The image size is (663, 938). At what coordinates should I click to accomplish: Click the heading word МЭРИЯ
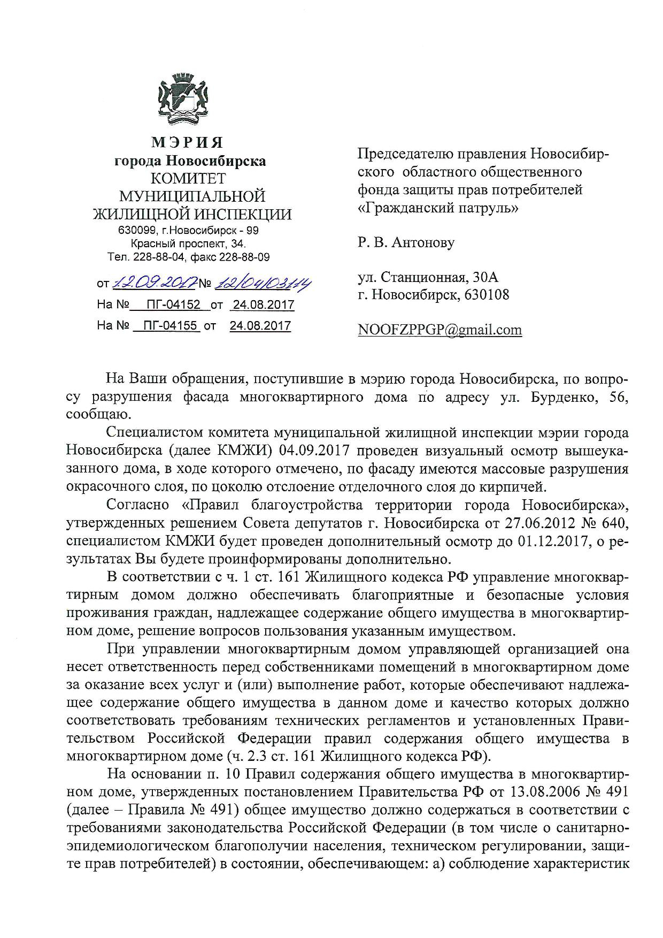coord(187,143)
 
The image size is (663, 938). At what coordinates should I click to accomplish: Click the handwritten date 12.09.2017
coord(153,281)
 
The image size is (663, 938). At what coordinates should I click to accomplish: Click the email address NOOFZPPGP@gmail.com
coord(440,330)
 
